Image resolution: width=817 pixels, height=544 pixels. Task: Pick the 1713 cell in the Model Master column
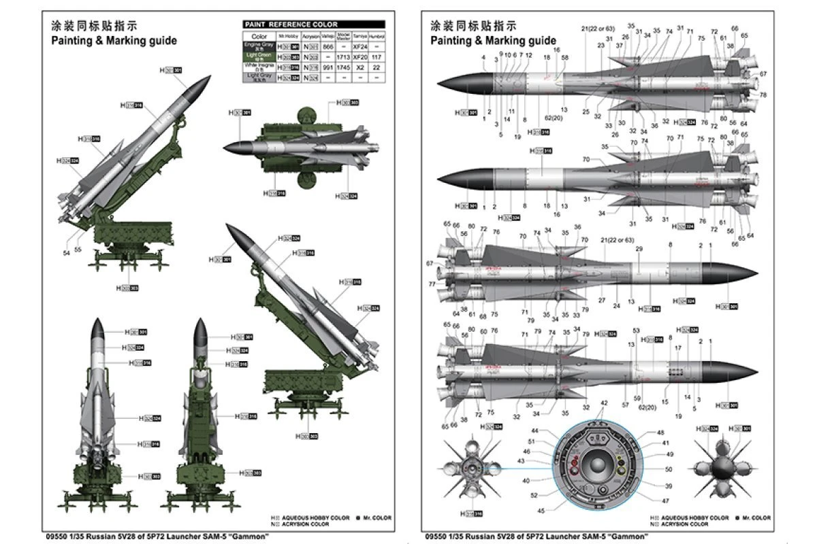[344, 56]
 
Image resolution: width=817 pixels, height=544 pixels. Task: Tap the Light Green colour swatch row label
[259, 56]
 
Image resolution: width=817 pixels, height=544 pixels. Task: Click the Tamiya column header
[362, 35]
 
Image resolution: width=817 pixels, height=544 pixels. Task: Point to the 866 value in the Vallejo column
[327, 46]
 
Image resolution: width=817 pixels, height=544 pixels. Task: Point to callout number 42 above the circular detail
[603, 403]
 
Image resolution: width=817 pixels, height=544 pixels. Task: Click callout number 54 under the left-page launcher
[66, 253]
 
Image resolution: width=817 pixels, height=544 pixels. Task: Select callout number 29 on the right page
[639, 249]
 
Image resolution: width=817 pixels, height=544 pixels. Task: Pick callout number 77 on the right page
[432, 284]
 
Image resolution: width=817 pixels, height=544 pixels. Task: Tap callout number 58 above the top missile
[564, 58]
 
